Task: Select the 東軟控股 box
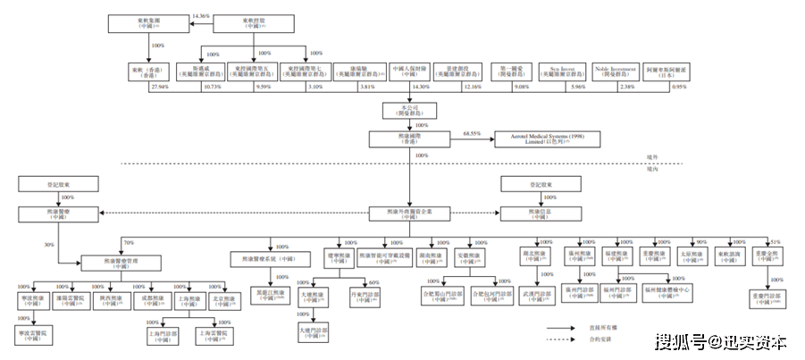click(x=252, y=22)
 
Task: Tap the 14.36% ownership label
click(x=200, y=15)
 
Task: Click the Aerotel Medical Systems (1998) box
click(x=539, y=139)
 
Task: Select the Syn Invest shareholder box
click(x=565, y=71)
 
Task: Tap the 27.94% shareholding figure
click(x=161, y=87)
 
